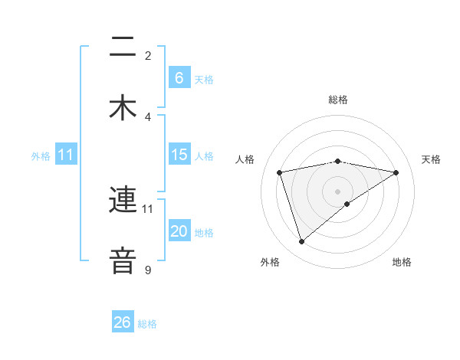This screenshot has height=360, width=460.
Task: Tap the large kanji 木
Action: tap(123, 107)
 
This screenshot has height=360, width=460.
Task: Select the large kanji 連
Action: tap(123, 201)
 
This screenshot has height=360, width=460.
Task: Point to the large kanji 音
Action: tap(123, 260)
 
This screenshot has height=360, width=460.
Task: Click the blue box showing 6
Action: tap(179, 78)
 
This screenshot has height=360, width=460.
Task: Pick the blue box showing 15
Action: tap(179, 155)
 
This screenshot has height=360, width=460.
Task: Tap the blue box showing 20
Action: tap(179, 231)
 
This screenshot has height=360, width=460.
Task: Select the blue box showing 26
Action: tap(123, 322)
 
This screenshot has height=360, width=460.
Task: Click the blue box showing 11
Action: tap(66, 155)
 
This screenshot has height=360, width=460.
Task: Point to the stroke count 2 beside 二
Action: tap(148, 56)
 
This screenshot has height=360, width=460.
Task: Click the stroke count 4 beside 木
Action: tap(148, 116)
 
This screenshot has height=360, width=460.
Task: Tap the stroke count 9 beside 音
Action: tap(148, 270)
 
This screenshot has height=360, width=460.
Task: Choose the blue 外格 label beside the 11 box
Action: tap(41, 156)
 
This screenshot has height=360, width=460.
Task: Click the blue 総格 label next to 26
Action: tap(147, 324)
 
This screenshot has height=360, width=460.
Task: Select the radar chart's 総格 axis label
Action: tap(338, 100)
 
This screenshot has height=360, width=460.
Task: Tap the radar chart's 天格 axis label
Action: tap(432, 159)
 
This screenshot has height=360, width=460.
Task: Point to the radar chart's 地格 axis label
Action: tap(402, 262)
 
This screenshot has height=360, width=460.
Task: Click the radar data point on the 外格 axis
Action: tap(302, 242)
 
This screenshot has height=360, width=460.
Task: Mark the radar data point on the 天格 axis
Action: tap(396, 172)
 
